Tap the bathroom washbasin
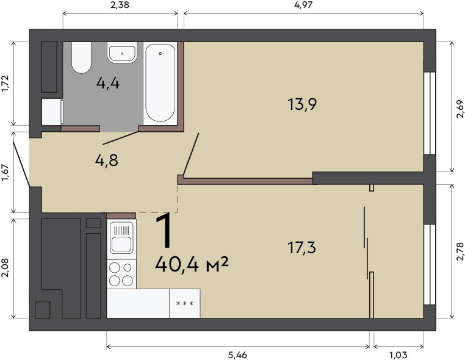pyautogui.click(x=122, y=52)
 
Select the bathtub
pyautogui.click(x=160, y=84)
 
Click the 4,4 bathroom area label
pyautogui.click(x=108, y=84)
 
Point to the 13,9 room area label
pyautogui.click(x=302, y=104)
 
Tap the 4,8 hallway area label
pyautogui.click(x=107, y=160)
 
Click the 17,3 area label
pyautogui.click(x=302, y=248)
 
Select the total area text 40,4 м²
pyautogui.click(x=192, y=264)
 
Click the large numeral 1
pyautogui.click(x=164, y=231)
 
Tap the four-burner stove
pyautogui.click(x=121, y=274)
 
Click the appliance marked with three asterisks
pyautogui.click(x=185, y=303)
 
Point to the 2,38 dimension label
pyautogui.click(x=120, y=5)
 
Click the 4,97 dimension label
pyautogui.click(x=303, y=5)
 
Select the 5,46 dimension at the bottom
pyautogui.click(x=237, y=355)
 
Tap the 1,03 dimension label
pyautogui.click(x=398, y=355)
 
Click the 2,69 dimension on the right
pyautogui.click(x=460, y=109)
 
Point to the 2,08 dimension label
pyautogui.click(x=5, y=268)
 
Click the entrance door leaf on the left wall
pyautogui.click(x=21, y=164)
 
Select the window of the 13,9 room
pyautogui.click(x=430, y=113)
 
